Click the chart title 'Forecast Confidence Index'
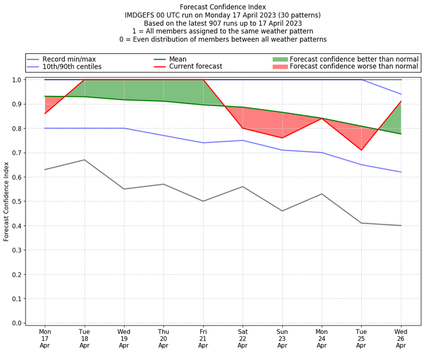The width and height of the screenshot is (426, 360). [x=223, y=7]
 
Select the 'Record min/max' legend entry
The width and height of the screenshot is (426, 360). [x=69, y=59]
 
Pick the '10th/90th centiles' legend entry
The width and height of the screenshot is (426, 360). [x=72, y=67]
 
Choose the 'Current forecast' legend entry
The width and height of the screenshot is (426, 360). [x=195, y=67]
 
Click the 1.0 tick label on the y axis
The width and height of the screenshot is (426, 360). [x=16, y=80]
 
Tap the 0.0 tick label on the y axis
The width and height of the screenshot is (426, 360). [x=16, y=323]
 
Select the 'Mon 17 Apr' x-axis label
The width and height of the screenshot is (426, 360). [x=45, y=338]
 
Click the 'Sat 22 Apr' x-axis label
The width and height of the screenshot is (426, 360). [x=243, y=338]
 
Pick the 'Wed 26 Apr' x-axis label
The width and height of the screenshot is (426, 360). [x=401, y=338]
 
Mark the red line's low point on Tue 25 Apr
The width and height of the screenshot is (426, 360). [x=362, y=150]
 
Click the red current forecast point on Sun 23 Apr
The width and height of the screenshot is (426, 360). [x=282, y=138]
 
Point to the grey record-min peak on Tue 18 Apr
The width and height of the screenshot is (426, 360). [x=85, y=160]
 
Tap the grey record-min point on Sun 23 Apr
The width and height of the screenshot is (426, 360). [x=282, y=211]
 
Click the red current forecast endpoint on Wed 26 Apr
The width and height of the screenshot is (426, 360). [x=401, y=101]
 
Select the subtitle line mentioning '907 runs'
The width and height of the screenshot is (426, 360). [x=223, y=23]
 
